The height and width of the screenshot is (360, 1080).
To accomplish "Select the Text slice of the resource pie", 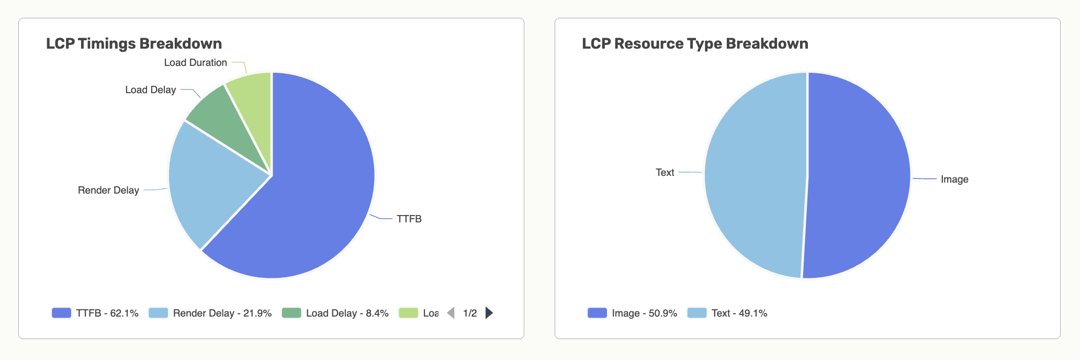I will [753, 175].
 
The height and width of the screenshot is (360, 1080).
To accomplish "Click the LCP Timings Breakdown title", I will [134, 43].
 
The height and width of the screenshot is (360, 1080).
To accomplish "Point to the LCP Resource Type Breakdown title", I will [695, 43].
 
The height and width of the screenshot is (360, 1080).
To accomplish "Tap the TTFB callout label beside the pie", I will [409, 219].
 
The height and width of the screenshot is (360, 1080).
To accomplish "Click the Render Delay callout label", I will [108, 190].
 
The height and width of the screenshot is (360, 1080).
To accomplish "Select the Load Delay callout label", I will [150, 89].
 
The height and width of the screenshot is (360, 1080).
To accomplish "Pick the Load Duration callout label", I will [195, 62].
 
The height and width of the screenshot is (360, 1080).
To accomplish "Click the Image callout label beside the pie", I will [954, 179].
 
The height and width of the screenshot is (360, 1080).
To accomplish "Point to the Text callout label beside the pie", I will [665, 172].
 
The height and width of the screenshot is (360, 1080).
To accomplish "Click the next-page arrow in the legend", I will [489, 313].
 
